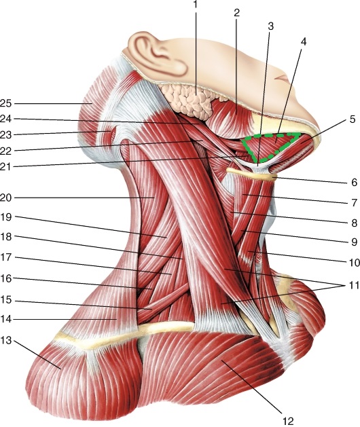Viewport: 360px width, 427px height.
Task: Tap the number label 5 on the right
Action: click(x=353, y=119)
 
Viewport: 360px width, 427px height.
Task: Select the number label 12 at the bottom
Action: click(x=287, y=422)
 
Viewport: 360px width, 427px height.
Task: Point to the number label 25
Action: click(x=5, y=103)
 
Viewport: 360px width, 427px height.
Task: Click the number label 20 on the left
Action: click(x=5, y=198)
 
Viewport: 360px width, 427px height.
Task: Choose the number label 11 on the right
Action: click(x=353, y=285)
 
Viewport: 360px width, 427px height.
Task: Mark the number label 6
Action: click(x=354, y=182)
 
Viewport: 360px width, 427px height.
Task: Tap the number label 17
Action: click(x=5, y=257)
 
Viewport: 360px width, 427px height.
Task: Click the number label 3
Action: click(x=270, y=26)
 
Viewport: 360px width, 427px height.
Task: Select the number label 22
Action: click(x=5, y=151)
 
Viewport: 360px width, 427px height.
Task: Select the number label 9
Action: click(x=354, y=242)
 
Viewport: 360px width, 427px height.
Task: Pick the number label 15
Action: click(x=5, y=300)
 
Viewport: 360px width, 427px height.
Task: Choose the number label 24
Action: click(x=5, y=119)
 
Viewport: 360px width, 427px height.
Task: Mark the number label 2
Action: click(x=236, y=12)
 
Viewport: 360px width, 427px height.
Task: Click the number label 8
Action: click(x=354, y=223)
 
